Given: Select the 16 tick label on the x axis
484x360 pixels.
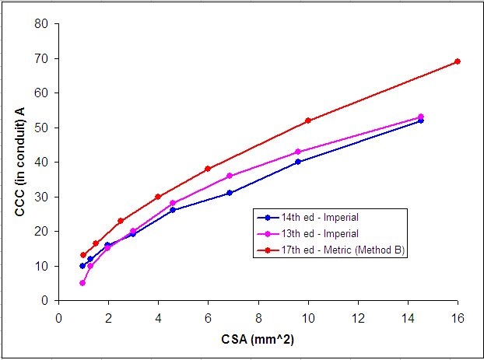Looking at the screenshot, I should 458,316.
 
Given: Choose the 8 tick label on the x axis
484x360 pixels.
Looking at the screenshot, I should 258,316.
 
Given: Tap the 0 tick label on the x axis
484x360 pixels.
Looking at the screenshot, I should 58,316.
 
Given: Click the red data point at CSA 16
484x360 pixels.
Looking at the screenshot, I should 458,61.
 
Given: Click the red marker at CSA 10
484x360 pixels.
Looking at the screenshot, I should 308,121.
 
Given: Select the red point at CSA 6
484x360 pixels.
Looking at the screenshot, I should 208,169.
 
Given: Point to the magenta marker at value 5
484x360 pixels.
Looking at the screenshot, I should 82,283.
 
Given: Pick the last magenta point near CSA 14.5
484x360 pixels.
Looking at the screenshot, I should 421,117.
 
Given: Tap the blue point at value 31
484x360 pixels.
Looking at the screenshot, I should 230,193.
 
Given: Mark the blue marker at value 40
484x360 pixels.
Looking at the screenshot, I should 298,162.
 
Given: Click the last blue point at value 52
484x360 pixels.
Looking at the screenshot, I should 421,121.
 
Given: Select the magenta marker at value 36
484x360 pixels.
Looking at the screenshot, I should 230,176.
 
